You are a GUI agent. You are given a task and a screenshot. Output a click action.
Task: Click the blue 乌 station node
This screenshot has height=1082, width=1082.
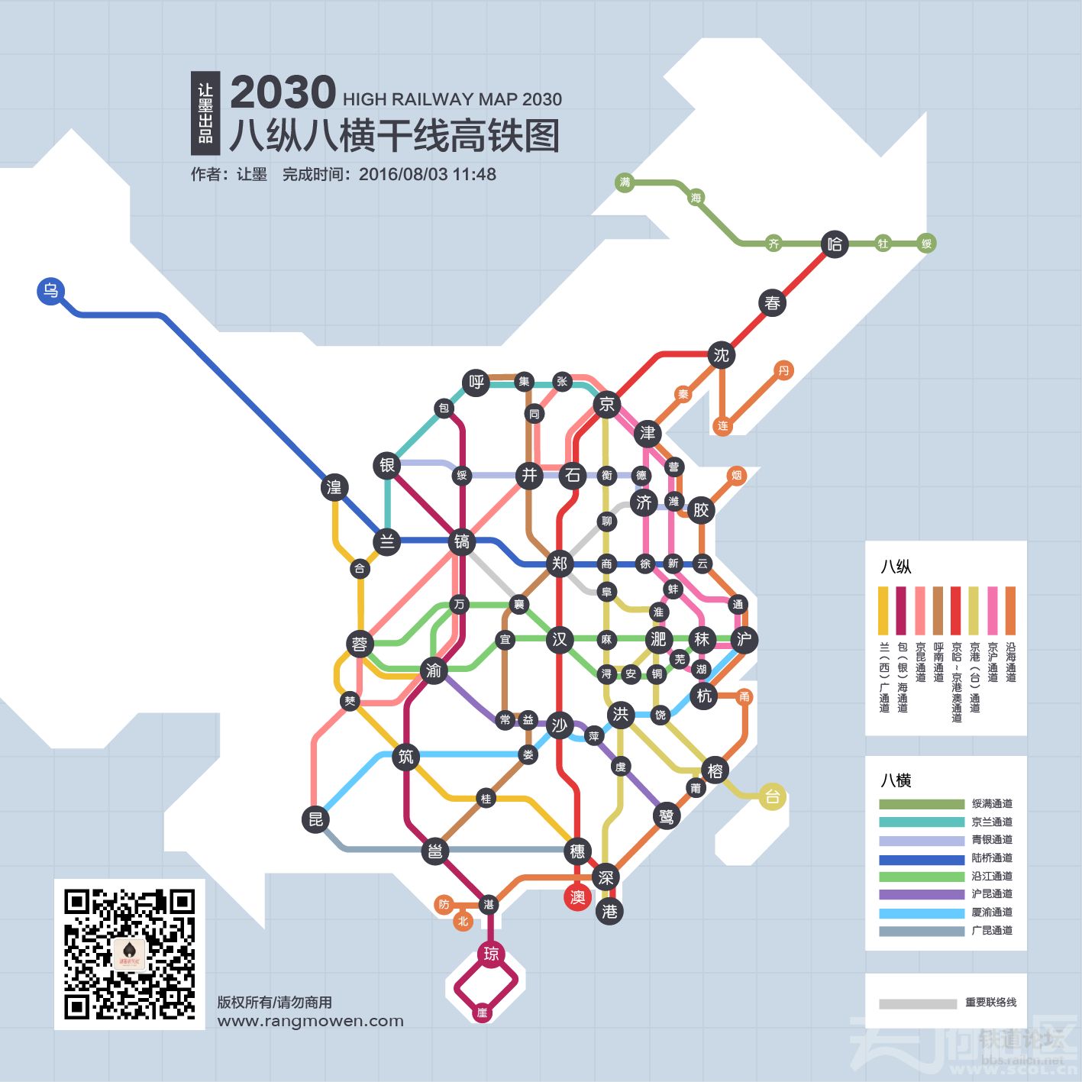(50, 291)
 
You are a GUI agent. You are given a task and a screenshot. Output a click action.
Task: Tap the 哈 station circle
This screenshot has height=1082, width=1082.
(835, 244)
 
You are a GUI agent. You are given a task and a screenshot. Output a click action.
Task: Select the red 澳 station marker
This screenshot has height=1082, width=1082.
(578, 897)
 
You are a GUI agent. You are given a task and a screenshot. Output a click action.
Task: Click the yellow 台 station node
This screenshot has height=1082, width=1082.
(773, 797)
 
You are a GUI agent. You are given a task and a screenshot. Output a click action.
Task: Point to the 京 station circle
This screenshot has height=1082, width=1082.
(607, 404)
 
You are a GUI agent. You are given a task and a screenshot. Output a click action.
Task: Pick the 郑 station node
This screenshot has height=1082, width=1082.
(560, 564)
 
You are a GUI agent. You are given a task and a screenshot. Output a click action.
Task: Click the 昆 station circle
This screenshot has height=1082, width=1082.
(315, 820)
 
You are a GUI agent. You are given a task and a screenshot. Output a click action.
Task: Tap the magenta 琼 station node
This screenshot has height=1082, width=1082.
(491, 954)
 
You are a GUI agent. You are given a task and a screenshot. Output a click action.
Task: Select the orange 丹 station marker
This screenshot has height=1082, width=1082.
(783, 371)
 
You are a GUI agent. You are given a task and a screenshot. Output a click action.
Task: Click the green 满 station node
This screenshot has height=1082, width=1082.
(625, 182)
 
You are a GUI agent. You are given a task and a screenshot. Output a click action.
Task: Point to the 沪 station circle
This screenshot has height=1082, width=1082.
(744, 639)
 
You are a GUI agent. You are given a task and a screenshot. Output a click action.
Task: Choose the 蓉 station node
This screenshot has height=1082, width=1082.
(359, 644)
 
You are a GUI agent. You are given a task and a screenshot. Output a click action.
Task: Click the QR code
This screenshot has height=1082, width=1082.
(129, 954)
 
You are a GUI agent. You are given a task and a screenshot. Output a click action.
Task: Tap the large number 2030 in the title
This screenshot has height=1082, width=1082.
(283, 93)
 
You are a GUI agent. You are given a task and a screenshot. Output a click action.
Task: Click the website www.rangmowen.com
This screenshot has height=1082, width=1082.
(310, 1021)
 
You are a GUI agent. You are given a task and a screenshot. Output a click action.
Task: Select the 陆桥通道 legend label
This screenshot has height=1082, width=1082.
(992, 858)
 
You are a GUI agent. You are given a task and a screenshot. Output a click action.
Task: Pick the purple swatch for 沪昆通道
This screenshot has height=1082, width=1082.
(922, 894)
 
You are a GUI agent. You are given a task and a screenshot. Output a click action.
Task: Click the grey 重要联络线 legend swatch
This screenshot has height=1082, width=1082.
(917, 1003)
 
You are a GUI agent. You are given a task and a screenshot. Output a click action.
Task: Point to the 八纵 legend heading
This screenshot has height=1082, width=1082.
(896, 567)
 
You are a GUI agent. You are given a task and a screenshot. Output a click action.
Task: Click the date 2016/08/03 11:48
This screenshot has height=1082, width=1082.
(427, 175)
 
